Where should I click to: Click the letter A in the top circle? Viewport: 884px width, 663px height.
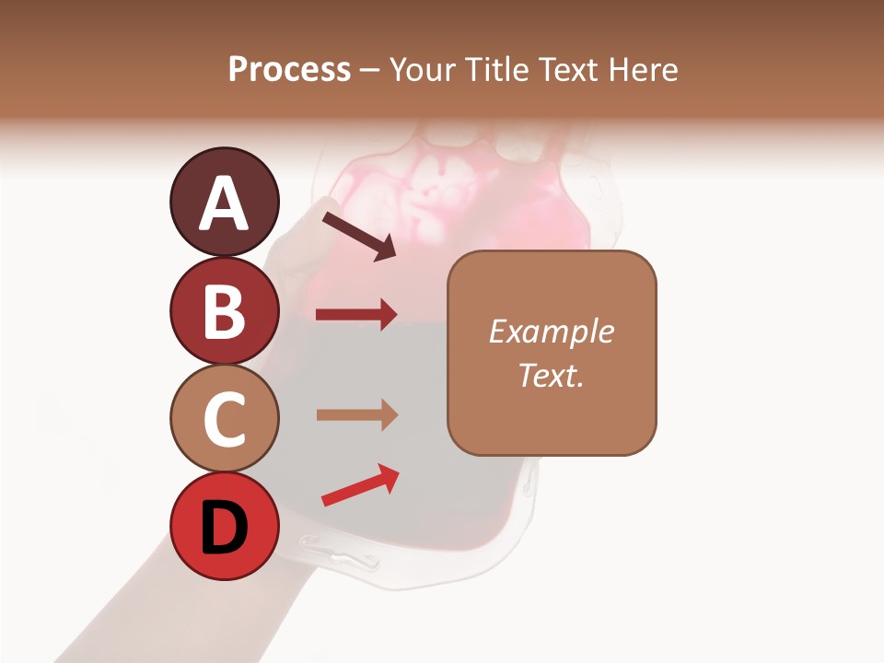224,203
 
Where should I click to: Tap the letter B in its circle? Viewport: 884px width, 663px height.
224,311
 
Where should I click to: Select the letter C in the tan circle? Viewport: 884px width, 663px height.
224,419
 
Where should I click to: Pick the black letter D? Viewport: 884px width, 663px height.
224,528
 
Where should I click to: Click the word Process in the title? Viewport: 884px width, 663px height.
289,69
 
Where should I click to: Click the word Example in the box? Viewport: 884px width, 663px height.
551,331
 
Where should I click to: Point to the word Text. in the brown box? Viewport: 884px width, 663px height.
551,375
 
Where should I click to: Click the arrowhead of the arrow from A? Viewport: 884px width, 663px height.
386,249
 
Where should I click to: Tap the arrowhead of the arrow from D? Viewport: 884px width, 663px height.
389,475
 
